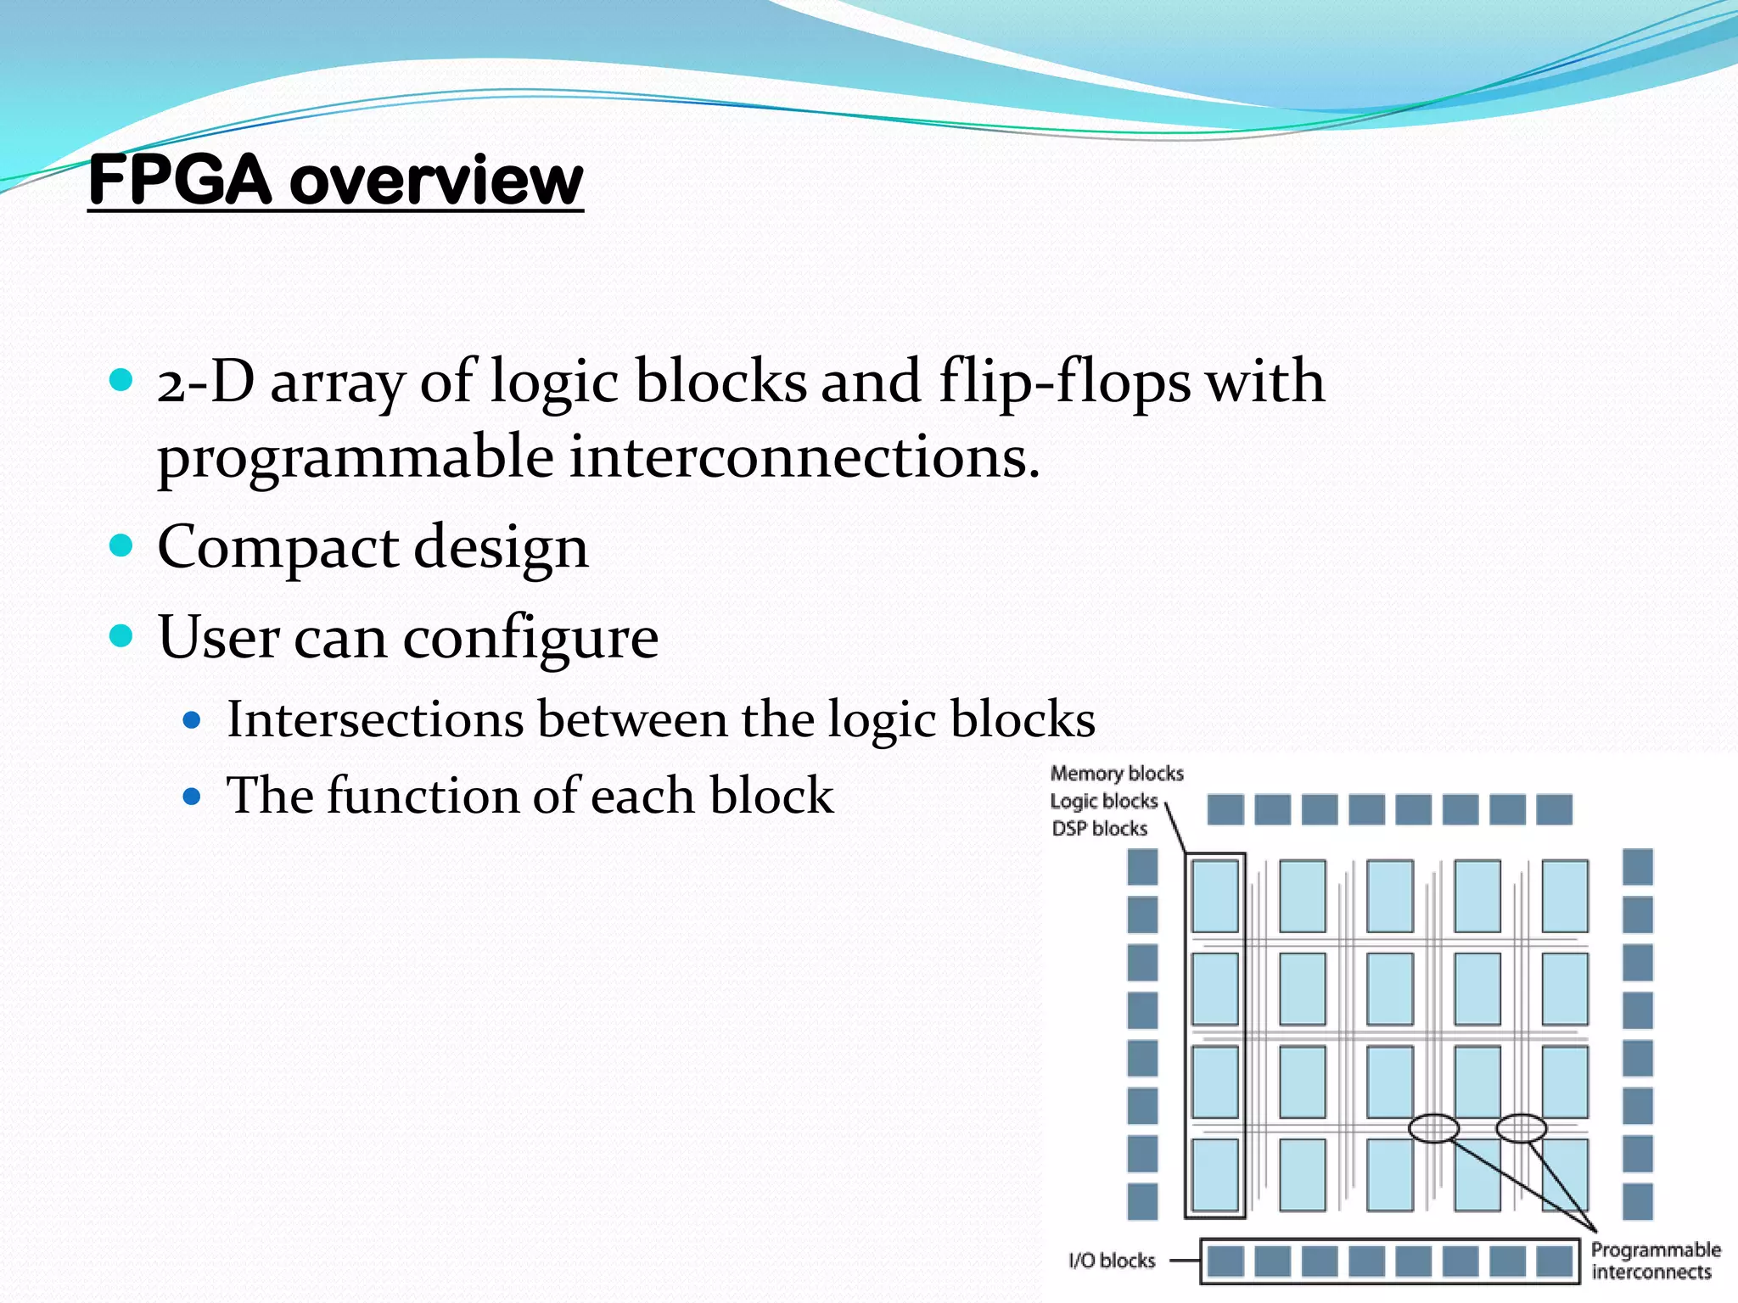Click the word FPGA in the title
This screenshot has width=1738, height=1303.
(x=180, y=181)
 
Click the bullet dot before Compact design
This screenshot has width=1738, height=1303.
(x=122, y=545)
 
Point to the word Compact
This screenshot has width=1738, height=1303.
(x=278, y=547)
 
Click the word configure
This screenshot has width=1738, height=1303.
(x=530, y=638)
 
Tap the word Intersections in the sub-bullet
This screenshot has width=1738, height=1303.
(x=375, y=719)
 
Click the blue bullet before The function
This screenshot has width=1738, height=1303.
(x=192, y=797)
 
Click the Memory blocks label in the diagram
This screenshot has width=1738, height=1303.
(x=1116, y=774)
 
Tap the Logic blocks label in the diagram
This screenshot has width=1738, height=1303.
(x=1103, y=802)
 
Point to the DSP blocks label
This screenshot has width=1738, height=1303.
(x=1099, y=829)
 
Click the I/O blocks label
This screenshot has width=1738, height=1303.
(x=1112, y=1261)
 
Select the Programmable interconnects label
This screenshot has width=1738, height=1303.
(x=1655, y=1261)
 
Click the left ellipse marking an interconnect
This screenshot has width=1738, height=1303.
(x=1433, y=1128)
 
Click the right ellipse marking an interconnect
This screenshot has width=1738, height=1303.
(x=1521, y=1128)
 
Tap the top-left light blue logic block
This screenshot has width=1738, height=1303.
(x=1215, y=896)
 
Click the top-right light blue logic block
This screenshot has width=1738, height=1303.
(x=1565, y=896)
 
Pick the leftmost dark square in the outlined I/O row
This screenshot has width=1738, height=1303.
(x=1225, y=1261)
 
